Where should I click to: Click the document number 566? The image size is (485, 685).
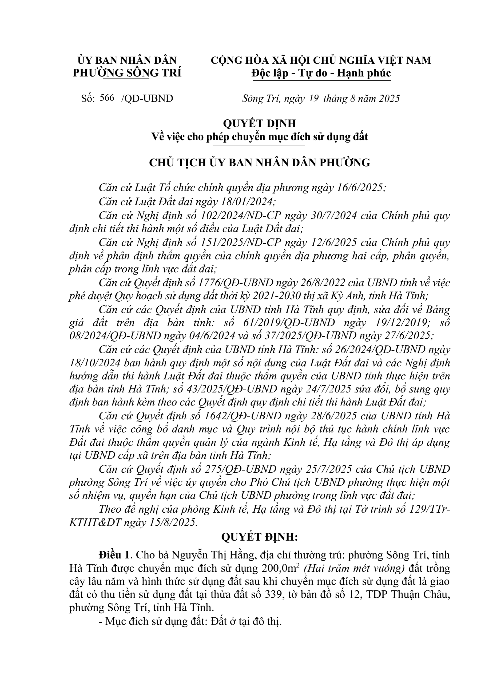click(x=108, y=98)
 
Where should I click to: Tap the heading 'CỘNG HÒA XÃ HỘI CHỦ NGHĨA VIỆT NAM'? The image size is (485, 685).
click(x=321, y=60)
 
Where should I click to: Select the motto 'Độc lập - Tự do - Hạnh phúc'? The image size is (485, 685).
click(x=321, y=73)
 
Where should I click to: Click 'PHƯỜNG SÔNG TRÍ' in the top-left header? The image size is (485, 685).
click(x=127, y=73)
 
